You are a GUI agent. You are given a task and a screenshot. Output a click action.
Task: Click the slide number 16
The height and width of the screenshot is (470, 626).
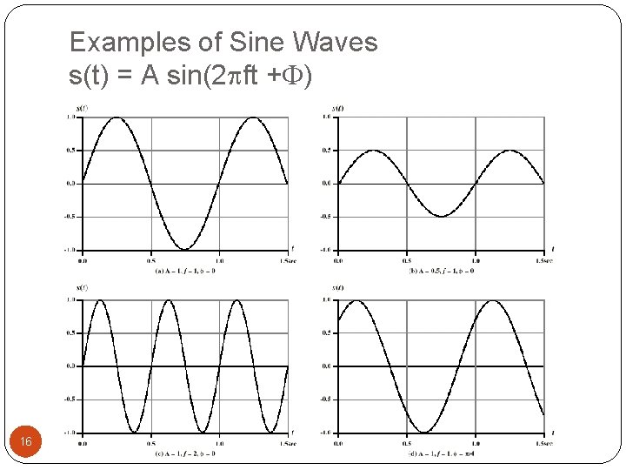click(26, 442)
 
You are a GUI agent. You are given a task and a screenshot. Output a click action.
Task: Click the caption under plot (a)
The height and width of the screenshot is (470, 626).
click(184, 271)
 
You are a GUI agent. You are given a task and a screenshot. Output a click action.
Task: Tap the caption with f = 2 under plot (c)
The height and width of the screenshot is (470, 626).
click(184, 453)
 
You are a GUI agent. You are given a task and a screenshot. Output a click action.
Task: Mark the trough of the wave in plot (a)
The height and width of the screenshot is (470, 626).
click(185, 249)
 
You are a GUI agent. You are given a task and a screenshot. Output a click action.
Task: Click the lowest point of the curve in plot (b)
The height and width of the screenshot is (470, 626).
click(442, 216)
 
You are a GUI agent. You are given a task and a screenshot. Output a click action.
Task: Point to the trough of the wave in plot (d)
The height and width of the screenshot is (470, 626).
click(424, 432)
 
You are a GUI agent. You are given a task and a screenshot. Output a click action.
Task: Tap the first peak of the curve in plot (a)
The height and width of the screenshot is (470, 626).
click(117, 117)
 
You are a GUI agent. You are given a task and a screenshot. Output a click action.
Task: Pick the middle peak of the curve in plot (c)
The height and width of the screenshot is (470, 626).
click(168, 300)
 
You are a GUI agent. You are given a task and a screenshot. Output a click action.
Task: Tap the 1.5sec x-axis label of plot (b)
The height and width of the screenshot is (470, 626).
click(544, 259)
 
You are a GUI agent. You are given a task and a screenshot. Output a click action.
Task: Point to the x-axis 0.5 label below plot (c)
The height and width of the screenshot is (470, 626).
click(150, 442)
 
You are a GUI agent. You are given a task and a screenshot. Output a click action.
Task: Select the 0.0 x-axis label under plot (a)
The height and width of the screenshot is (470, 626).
click(83, 259)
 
